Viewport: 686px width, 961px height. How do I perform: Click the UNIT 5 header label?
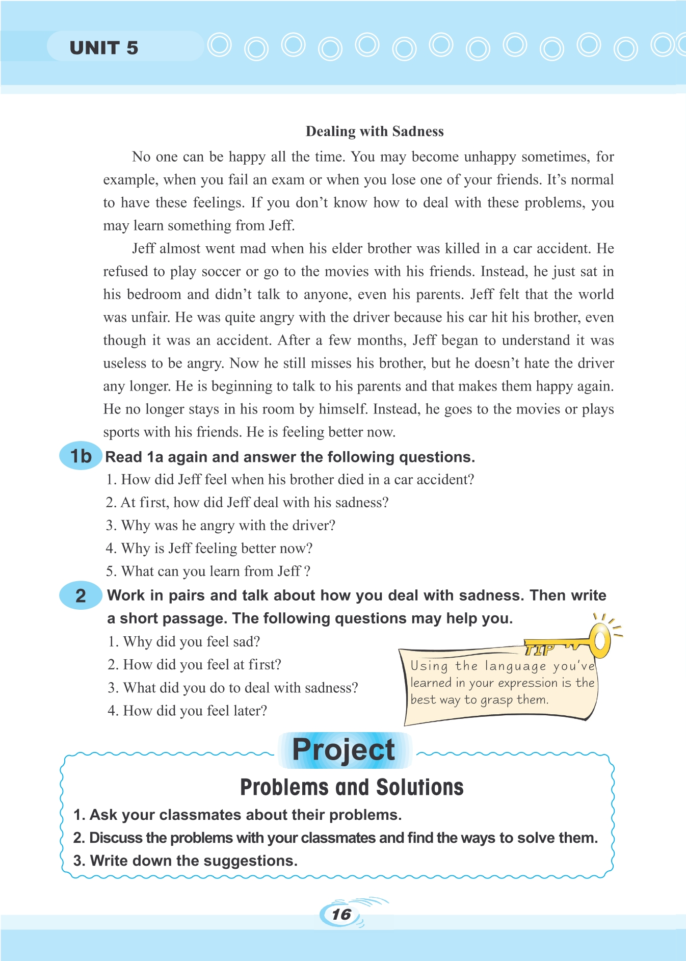click(104, 48)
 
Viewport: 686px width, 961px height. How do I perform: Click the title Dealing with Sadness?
click(375, 132)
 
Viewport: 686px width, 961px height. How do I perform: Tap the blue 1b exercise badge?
click(81, 456)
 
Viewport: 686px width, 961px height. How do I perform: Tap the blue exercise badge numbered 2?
click(81, 595)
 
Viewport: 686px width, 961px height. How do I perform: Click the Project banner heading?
click(344, 750)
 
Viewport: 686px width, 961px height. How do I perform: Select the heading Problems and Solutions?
click(352, 788)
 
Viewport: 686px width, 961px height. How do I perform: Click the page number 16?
click(341, 914)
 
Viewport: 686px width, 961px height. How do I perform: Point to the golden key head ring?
click(601, 639)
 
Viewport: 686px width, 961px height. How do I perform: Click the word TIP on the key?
click(539, 650)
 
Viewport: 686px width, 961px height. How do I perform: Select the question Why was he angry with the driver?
click(220, 526)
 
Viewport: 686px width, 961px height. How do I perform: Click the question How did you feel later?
click(187, 711)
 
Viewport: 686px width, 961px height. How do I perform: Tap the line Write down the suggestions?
click(186, 861)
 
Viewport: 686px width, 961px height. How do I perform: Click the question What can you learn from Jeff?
click(208, 572)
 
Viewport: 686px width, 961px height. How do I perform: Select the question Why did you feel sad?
click(184, 642)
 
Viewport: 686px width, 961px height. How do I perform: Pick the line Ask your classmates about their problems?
click(238, 815)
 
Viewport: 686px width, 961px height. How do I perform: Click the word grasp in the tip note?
click(496, 700)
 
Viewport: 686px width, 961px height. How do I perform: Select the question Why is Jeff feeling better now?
click(209, 549)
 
